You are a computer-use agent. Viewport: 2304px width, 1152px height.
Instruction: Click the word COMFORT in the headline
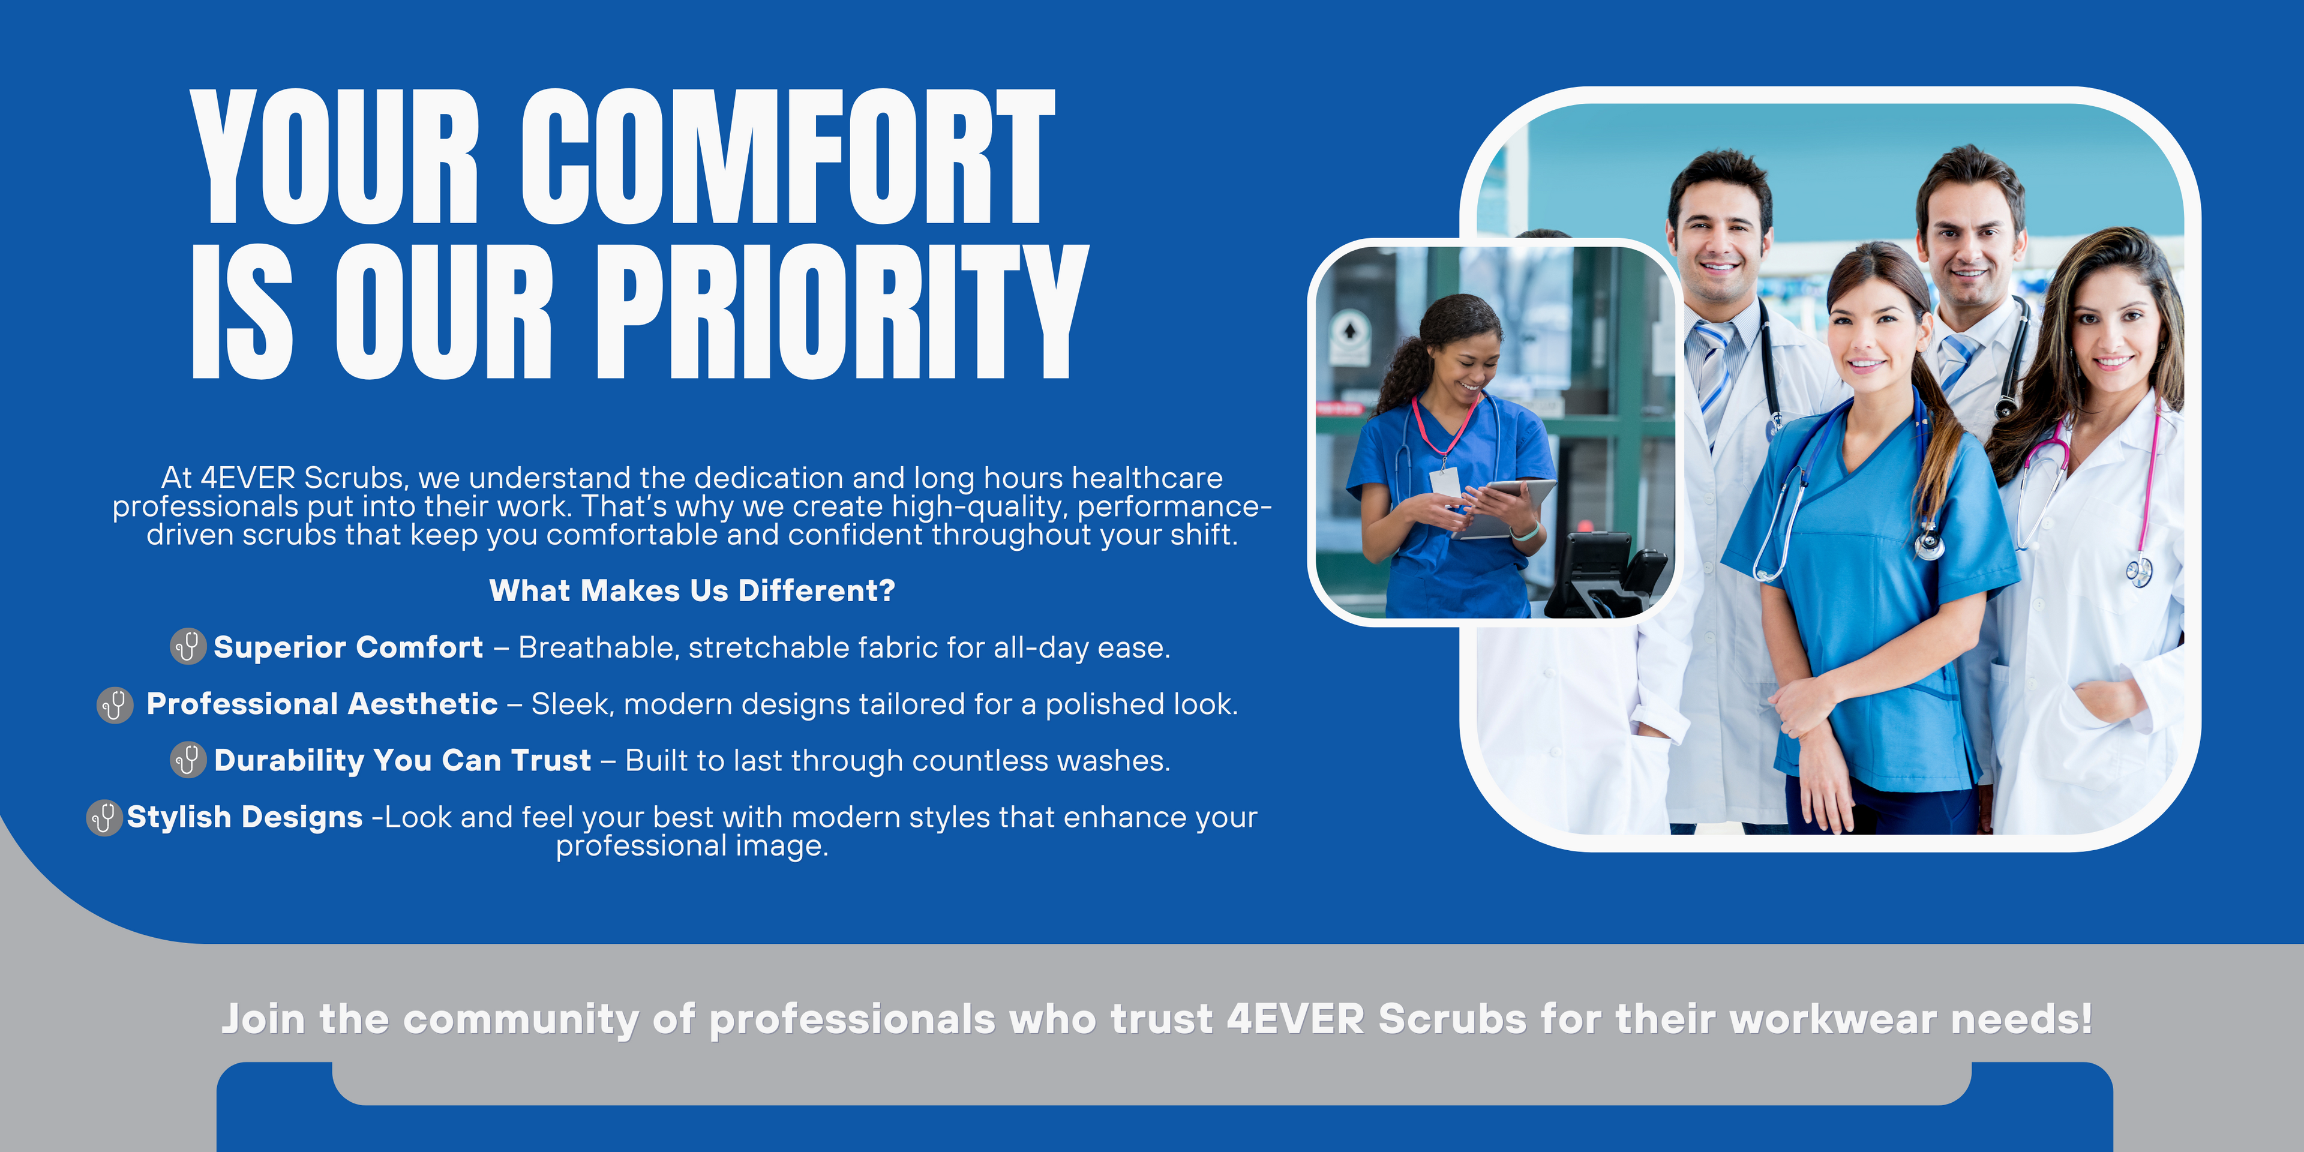788,157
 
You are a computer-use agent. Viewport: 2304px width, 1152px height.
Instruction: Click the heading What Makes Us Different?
691,590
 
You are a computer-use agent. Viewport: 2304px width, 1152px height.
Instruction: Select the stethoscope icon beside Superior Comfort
188,646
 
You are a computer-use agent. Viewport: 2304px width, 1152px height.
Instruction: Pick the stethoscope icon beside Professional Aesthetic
115,705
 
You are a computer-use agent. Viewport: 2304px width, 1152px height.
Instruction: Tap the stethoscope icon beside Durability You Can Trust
188,760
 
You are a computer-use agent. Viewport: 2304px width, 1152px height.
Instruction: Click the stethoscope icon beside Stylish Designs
104,817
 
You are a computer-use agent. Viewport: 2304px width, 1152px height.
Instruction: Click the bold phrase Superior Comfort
348,647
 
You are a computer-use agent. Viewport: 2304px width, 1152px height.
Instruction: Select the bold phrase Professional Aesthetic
322,704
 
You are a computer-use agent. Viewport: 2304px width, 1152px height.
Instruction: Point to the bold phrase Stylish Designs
244,817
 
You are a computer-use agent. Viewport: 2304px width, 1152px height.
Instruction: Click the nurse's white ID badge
1444,483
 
